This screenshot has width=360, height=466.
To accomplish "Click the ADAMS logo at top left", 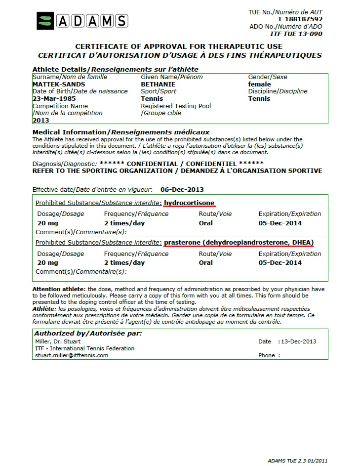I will pyautogui.click(x=82, y=21).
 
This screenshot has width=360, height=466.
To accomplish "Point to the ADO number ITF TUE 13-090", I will pyautogui.click(x=296, y=34).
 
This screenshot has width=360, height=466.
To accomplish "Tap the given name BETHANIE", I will pyautogui.click(x=158, y=85).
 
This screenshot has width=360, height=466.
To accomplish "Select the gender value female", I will pyautogui.click(x=259, y=85).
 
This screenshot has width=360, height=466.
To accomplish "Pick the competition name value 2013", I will pyautogui.click(x=40, y=120).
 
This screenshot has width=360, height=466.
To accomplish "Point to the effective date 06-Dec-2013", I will pyautogui.click(x=182, y=189).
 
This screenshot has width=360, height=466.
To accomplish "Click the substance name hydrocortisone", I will pyautogui.click(x=189, y=203).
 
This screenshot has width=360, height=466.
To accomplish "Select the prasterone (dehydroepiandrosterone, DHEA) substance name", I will pyautogui.click(x=239, y=243).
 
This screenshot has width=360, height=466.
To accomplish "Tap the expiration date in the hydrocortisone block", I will pyautogui.click(x=280, y=223).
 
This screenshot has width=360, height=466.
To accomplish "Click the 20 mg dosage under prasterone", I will pyautogui.click(x=48, y=263).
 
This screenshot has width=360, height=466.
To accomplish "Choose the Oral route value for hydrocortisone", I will pyautogui.click(x=206, y=223).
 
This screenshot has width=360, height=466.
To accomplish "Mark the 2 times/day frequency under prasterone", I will pyautogui.click(x=124, y=263).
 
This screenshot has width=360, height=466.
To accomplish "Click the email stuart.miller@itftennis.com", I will pyautogui.click(x=72, y=355).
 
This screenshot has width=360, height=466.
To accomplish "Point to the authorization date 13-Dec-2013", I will pyautogui.click(x=298, y=341).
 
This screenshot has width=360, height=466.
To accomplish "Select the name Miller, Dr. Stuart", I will pyautogui.click(x=58, y=341).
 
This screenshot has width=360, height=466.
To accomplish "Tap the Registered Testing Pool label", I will pyautogui.click(x=176, y=106).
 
